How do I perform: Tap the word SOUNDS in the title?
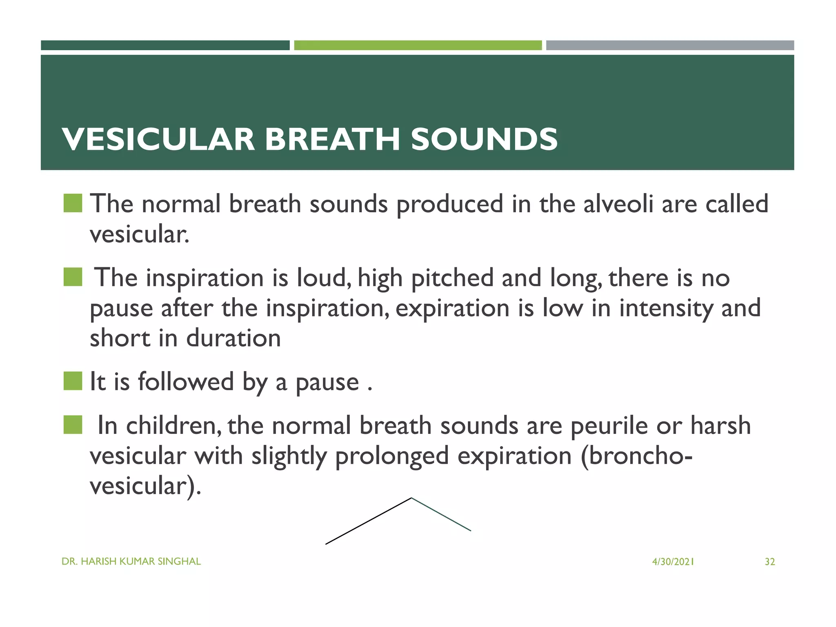point(484,139)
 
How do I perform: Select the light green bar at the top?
point(418,45)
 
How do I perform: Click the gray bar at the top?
point(670,45)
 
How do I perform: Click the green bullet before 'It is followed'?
point(73,381)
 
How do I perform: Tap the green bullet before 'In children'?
point(73,425)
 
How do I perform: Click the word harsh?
point(720,425)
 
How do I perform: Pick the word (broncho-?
point(636,456)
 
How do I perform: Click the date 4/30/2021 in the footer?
point(673,562)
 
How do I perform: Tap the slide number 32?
point(769,562)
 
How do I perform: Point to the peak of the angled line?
point(411,498)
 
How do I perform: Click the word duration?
point(233,338)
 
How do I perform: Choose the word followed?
point(186,382)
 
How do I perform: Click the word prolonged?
point(391,456)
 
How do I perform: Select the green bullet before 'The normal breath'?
point(73,203)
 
